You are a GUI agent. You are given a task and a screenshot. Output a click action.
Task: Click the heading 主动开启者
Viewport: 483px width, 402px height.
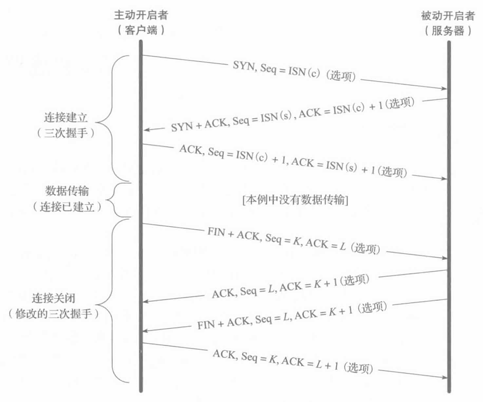click(141, 16)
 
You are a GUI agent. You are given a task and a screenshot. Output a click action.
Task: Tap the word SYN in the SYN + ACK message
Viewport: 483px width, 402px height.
click(180, 126)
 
